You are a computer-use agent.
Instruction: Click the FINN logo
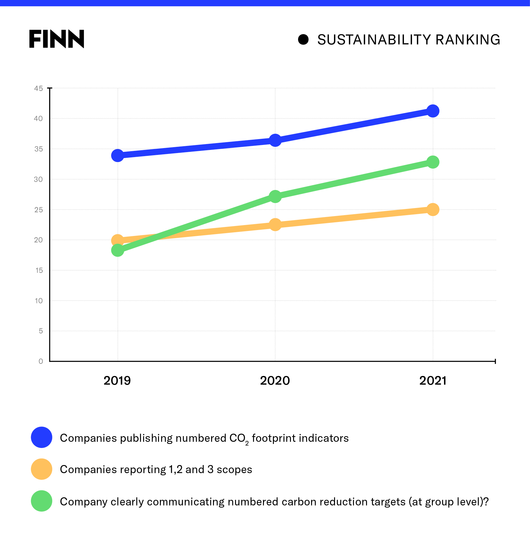tap(57, 39)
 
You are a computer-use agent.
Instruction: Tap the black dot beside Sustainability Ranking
tap(303, 39)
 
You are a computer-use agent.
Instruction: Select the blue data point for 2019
tap(118, 155)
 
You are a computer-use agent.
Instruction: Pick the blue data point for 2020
tap(275, 140)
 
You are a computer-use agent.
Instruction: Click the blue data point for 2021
tap(433, 111)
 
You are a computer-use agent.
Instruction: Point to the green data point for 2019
tap(118, 250)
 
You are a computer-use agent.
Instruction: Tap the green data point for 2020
tap(275, 197)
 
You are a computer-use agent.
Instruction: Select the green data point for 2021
tap(433, 162)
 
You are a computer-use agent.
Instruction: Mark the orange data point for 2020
tap(275, 224)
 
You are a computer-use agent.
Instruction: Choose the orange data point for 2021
tap(433, 210)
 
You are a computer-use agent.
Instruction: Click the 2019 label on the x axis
tap(117, 381)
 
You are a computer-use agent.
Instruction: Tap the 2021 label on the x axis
tap(433, 381)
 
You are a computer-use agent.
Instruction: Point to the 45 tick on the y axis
tap(39, 88)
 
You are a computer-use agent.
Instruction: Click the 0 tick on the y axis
tap(41, 361)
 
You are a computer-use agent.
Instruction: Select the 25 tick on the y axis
tap(39, 210)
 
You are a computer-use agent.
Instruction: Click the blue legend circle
tap(42, 437)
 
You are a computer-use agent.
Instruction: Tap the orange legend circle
tap(42, 469)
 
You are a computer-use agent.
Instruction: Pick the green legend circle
tap(42, 501)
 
